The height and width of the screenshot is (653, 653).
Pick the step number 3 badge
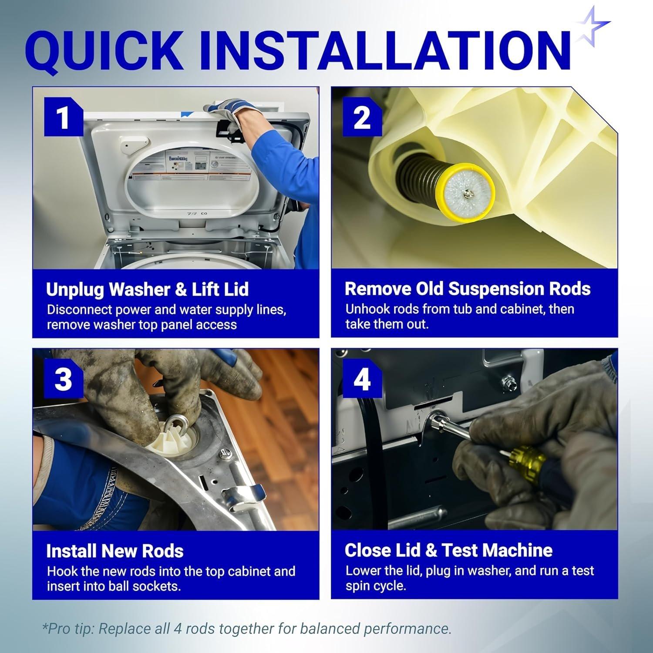click(64, 378)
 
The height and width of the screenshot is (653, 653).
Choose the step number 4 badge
click(362, 378)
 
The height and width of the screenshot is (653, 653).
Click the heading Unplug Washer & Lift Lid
click(147, 289)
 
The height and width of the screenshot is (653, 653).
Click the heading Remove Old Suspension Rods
click(468, 289)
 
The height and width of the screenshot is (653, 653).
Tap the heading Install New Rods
click(115, 551)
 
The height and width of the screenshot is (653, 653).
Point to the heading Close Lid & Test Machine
click(448, 551)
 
